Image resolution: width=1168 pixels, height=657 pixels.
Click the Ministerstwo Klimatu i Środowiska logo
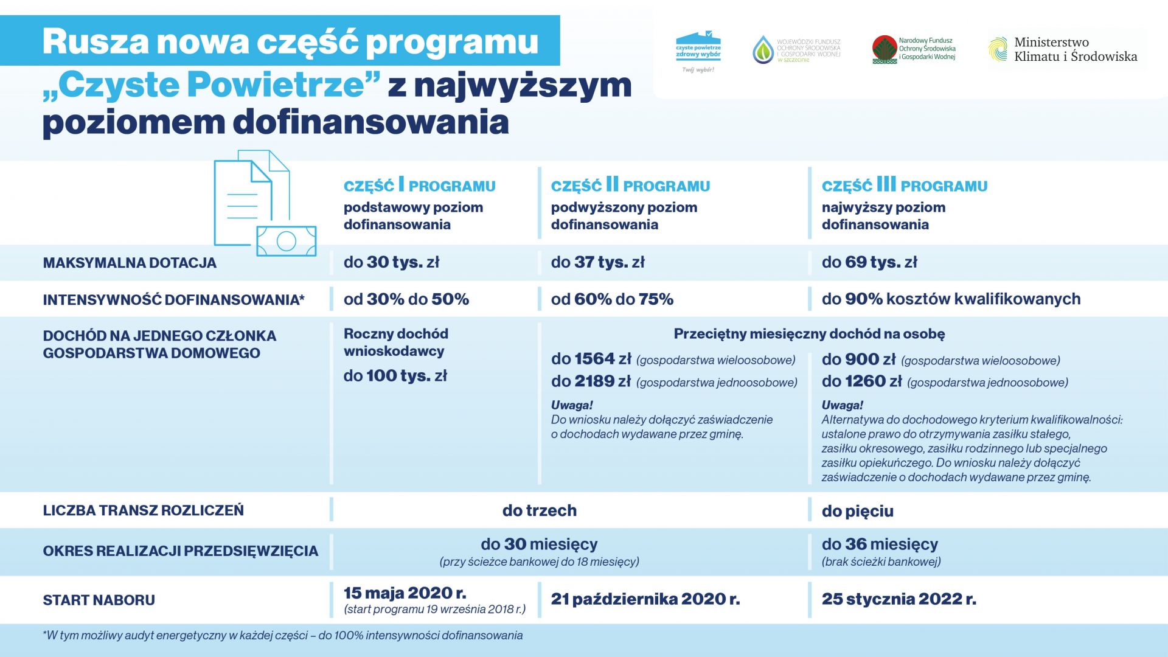(1063, 50)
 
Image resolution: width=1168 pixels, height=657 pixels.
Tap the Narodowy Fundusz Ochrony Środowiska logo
(913, 50)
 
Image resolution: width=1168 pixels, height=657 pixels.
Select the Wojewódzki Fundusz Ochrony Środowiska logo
(797, 50)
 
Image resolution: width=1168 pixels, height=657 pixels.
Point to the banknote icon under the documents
(286, 241)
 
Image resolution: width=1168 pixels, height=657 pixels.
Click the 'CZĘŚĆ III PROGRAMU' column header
(905, 185)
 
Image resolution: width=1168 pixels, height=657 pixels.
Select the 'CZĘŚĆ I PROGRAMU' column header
(419, 185)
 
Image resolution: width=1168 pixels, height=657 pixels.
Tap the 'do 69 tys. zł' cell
(869, 263)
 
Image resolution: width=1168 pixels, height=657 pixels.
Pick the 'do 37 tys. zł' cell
(597, 263)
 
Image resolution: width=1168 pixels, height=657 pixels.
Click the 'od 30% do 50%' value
(406, 299)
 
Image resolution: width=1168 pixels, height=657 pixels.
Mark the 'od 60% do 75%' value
(612, 299)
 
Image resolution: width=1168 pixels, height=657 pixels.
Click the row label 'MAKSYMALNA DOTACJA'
(130, 263)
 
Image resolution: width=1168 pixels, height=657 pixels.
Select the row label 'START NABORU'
(99, 600)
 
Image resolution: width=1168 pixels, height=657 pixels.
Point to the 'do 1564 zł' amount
(591, 360)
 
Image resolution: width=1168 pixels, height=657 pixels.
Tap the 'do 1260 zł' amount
(861, 381)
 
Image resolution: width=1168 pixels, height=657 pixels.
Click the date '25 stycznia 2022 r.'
(899, 599)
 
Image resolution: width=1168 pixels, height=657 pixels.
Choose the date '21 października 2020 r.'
(645, 599)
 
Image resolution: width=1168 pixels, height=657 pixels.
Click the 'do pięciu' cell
(857, 511)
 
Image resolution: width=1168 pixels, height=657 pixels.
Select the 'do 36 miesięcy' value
(880, 544)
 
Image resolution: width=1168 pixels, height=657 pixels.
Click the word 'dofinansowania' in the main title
(371, 122)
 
